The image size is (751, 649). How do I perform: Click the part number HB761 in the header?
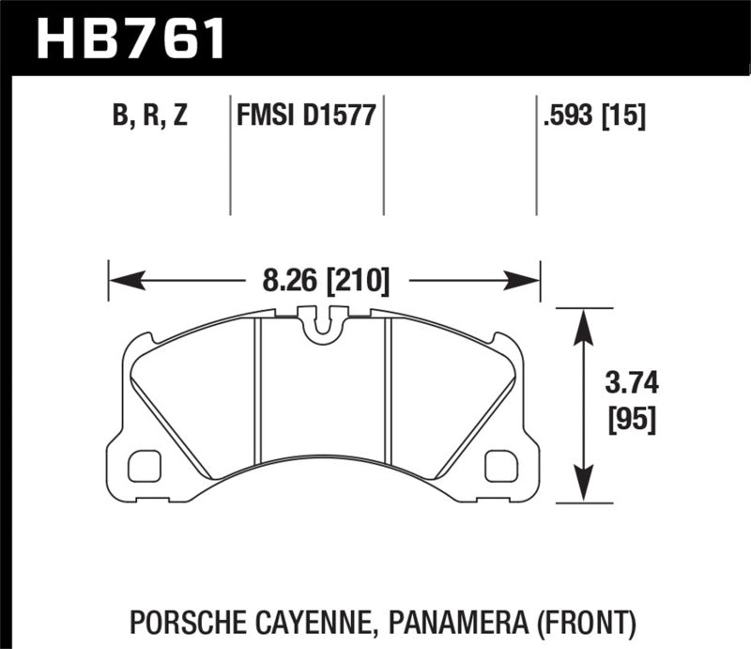pos(131,38)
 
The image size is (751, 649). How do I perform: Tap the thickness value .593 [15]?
pos(592,117)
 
